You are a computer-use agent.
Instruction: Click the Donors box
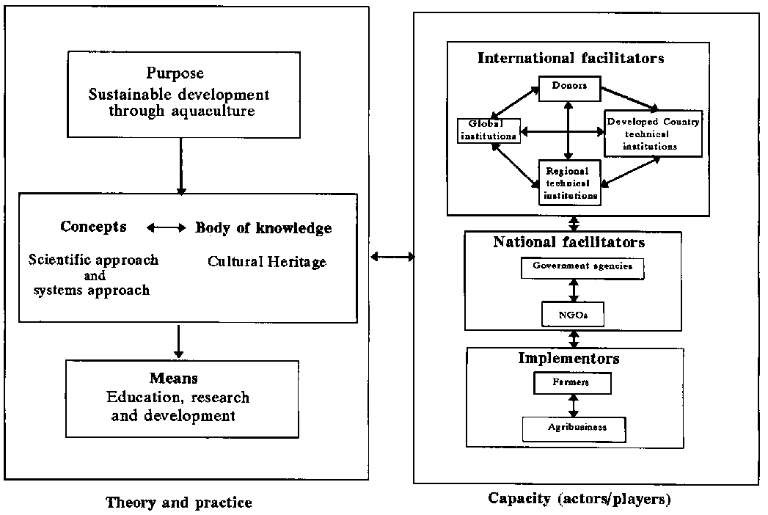click(x=569, y=87)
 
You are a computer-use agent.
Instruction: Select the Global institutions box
click(x=489, y=129)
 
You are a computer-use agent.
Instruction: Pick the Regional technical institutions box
click(x=568, y=183)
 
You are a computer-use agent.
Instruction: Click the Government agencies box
click(x=582, y=268)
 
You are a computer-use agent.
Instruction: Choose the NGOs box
click(x=574, y=314)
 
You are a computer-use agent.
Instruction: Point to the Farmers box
click(x=571, y=383)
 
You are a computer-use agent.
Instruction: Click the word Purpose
click(x=175, y=73)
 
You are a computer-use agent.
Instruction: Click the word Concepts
click(x=93, y=227)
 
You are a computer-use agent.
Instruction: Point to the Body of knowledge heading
click(x=263, y=228)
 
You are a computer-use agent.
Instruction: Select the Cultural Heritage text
click(x=267, y=261)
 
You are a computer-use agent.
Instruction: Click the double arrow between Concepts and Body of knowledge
click(x=167, y=228)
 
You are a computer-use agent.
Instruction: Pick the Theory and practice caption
click(x=179, y=503)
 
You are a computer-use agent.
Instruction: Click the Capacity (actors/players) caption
click(x=579, y=499)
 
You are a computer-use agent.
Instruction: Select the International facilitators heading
click(x=571, y=58)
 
